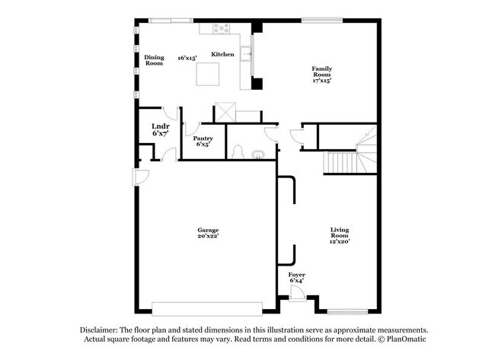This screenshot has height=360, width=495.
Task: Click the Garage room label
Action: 208,230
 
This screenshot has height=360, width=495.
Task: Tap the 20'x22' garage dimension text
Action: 208,237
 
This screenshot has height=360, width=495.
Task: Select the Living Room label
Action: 340,233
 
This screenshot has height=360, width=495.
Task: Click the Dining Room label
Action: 155,60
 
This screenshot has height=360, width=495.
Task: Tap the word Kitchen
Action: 222,54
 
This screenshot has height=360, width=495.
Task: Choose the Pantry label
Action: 203,138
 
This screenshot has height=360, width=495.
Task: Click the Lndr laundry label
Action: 160,126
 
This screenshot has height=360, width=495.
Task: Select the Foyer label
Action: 297,274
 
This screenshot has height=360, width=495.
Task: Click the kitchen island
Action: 209,75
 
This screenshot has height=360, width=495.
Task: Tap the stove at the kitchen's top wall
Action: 221,28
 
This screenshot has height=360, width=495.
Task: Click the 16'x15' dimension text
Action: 187,57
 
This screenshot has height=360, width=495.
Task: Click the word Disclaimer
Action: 104,330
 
